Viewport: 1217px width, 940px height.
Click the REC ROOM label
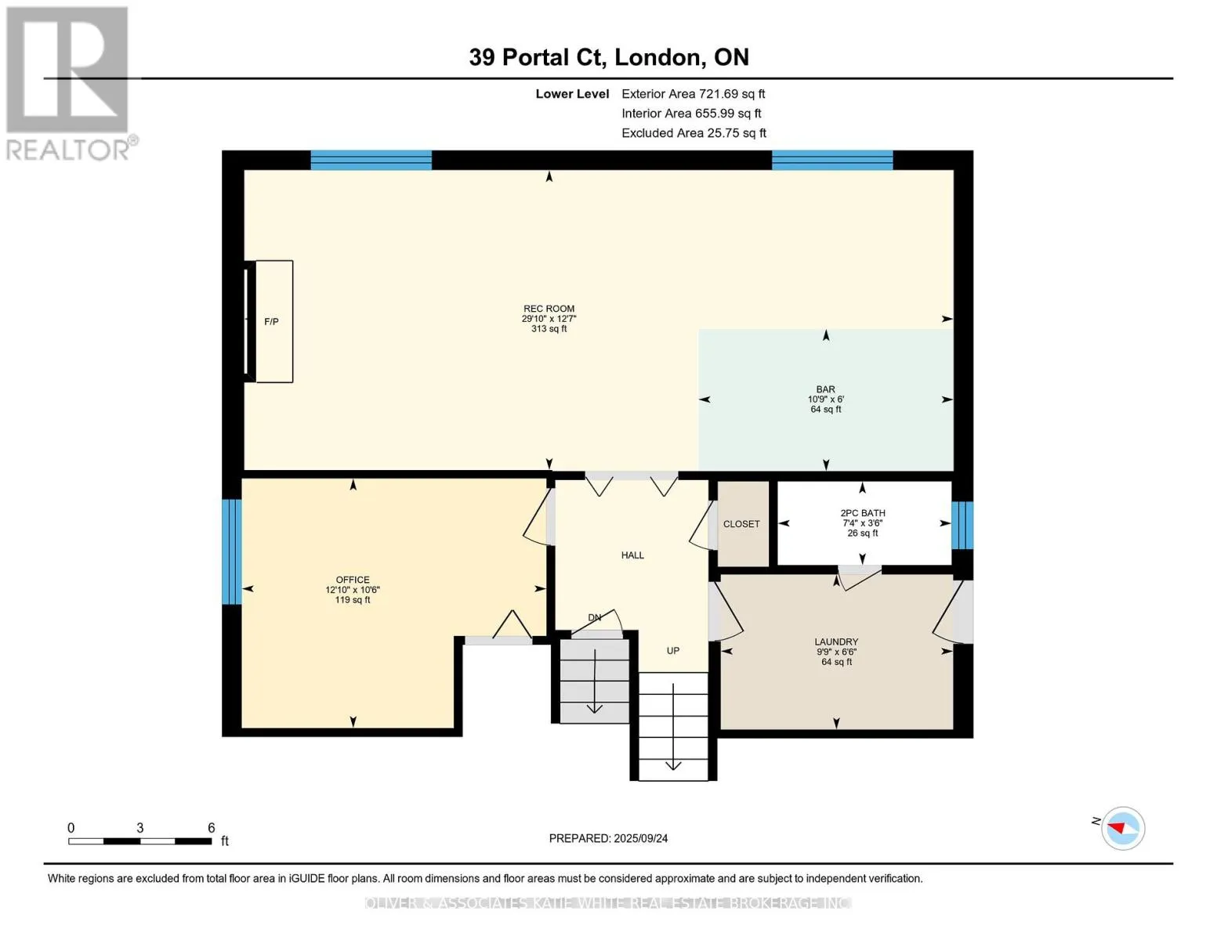(x=549, y=309)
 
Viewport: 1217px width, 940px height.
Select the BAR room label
(x=825, y=389)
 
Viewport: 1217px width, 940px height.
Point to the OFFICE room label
(x=353, y=580)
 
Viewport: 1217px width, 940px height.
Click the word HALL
(x=632, y=555)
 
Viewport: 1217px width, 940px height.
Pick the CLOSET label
(x=741, y=524)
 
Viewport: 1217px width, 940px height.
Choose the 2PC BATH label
(x=863, y=513)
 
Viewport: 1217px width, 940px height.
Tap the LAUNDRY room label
(x=836, y=642)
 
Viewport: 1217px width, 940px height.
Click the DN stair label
(x=594, y=617)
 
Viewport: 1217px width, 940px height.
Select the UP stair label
(x=672, y=650)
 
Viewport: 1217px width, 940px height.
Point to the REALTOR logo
(x=70, y=84)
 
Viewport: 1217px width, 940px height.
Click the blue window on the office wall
(x=232, y=552)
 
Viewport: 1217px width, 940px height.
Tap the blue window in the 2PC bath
(x=963, y=525)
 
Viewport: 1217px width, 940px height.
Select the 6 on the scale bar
(x=211, y=827)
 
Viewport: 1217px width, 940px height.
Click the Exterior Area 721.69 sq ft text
(x=694, y=94)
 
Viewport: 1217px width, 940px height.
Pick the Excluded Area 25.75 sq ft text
(x=694, y=133)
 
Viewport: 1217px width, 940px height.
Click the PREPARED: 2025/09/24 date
(x=608, y=838)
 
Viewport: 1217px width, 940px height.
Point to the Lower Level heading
(x=572, y=94)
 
